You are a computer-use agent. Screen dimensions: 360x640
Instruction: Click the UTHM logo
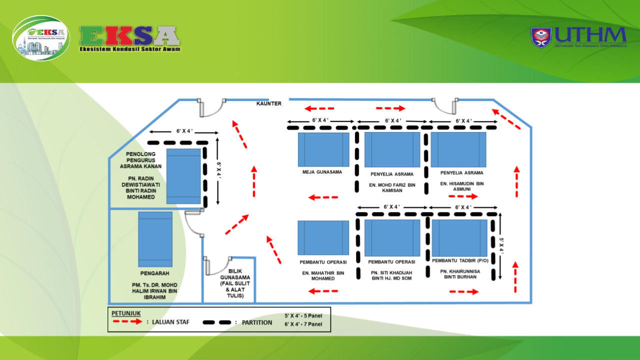578,37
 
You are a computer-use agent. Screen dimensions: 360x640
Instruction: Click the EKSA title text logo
130,38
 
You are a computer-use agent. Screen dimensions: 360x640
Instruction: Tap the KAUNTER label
269,104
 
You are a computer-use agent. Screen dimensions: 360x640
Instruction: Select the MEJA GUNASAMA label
322,172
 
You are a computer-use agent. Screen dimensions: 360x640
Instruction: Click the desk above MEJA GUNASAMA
323,149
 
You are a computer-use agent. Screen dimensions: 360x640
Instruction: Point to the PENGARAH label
154,273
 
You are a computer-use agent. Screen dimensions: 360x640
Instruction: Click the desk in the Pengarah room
155,239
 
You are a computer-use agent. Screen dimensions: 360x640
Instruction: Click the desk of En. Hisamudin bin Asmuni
458,149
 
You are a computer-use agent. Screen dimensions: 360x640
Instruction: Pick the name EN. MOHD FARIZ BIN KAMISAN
392,187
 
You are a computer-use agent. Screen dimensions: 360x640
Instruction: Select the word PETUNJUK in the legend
126,313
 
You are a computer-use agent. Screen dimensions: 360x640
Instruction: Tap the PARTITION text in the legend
257,322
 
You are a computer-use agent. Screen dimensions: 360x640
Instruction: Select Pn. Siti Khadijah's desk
392,237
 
